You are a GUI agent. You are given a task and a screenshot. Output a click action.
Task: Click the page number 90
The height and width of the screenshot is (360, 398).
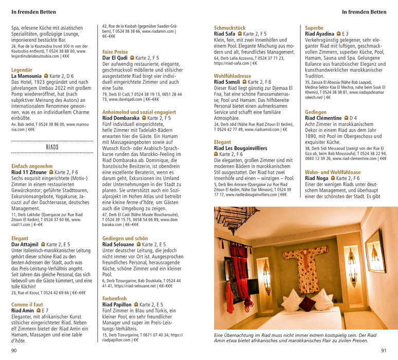[x=14, y=351]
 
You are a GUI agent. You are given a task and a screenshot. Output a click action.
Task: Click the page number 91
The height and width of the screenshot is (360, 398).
[x=383, y=351]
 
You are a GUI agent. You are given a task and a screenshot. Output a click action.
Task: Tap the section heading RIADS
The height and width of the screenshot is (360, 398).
[x=52, y=147]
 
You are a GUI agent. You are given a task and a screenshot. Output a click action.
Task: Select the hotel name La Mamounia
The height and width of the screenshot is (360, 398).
[x=27, y=76]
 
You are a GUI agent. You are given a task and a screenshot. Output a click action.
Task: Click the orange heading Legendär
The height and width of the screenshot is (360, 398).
[x=22, y=69]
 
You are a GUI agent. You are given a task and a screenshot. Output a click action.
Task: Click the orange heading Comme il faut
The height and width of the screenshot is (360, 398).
[x=26, y=304]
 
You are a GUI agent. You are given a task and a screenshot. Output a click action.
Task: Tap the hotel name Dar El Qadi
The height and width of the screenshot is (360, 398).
[x=115, y=59]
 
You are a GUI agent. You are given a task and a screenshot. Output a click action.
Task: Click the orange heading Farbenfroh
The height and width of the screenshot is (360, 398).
[x=115, y=298]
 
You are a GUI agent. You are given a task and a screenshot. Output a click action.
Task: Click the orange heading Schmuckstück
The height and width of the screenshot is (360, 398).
[x=230, y=27]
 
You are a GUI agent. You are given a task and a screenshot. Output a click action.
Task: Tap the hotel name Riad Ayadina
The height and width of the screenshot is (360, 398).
[x=320, y=33]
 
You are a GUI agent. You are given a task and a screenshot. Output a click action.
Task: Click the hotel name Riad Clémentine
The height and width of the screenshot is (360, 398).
[x=323, y=118]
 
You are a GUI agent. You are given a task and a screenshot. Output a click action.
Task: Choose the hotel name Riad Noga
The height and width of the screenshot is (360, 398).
[x=316, y=178]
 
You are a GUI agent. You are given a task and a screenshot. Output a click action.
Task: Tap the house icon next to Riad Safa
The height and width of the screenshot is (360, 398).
[x=240, y=34]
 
